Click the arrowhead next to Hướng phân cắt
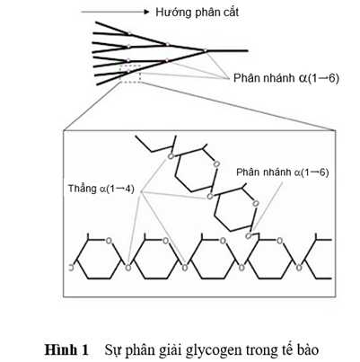(x=146, y=12)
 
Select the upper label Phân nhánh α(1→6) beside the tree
(x=286, y=78)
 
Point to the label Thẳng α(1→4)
(x=101, y=189)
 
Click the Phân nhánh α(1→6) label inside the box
(x=283, y=172)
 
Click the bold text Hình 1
(x=66, y=349)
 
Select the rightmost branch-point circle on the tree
(x=205, y=50)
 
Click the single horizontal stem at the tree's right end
(x=227, y=50)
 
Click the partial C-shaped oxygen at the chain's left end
(x=71, y=268)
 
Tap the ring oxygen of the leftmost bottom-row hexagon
(x=109, y=240)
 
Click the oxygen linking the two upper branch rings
(x=210, y=197)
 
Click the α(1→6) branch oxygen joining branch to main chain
(x=249, y=236)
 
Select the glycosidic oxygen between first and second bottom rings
(x=128, y=267)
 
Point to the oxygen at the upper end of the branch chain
(x=171, y=156)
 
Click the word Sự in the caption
(x=111, y=349)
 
